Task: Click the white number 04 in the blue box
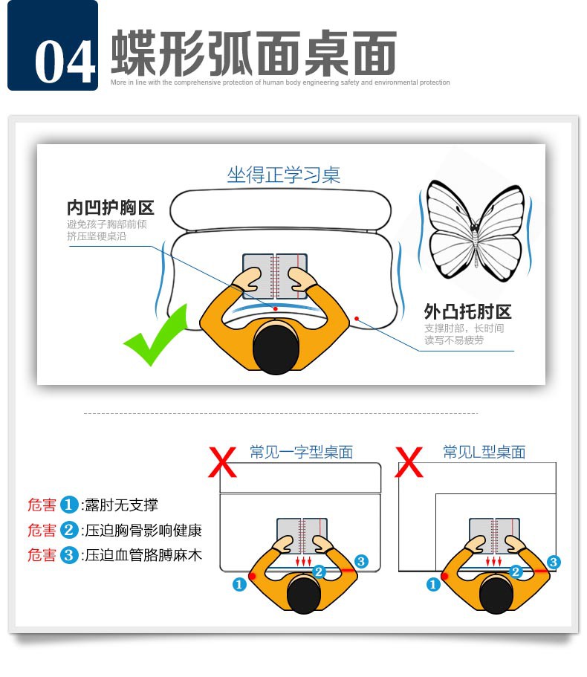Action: click(65, 62)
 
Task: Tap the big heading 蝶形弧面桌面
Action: click(254, 53)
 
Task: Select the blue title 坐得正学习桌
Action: click(284, 175)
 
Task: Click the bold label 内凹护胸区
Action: click(111, 207)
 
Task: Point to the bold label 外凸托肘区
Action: click(467, 311)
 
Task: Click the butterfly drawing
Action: click(476, 231)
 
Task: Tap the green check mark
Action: click(156, 335)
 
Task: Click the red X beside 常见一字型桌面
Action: click(222, 462)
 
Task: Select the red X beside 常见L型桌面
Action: click(409, 462)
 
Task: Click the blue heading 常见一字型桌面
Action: click(301, 452)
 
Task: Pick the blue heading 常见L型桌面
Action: click(484, 452)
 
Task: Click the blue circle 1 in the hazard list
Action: click(68, 505)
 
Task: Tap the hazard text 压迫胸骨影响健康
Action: click(143, 530)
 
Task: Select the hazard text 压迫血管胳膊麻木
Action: click(143, 555)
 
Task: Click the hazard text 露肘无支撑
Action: click(121, 505)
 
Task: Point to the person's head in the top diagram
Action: click(276, 347)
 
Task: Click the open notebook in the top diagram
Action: click(275, 276)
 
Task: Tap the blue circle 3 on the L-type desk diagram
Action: click(554, 562)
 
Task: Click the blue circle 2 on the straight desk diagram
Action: click(319, 571)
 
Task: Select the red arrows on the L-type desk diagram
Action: click(493, 561)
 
